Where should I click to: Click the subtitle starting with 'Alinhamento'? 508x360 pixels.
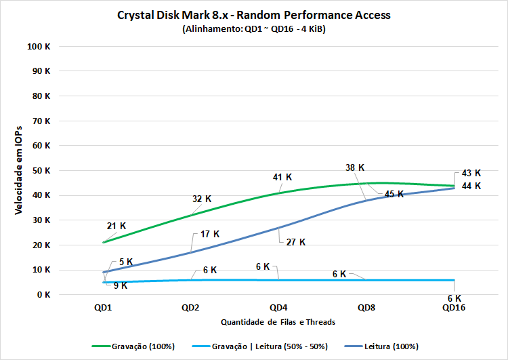254,29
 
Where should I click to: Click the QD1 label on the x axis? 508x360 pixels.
103,307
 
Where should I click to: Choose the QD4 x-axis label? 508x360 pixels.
278,307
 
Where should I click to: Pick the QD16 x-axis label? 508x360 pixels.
454,307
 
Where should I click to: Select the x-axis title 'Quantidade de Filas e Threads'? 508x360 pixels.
278,321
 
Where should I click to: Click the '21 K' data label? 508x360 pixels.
117,226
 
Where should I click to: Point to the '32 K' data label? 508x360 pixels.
202,199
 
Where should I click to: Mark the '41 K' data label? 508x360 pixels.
282,177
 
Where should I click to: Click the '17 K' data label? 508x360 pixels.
210,234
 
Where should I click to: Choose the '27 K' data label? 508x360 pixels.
296,241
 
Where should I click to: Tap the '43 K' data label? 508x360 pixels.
471,173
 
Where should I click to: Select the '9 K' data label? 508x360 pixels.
120,285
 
